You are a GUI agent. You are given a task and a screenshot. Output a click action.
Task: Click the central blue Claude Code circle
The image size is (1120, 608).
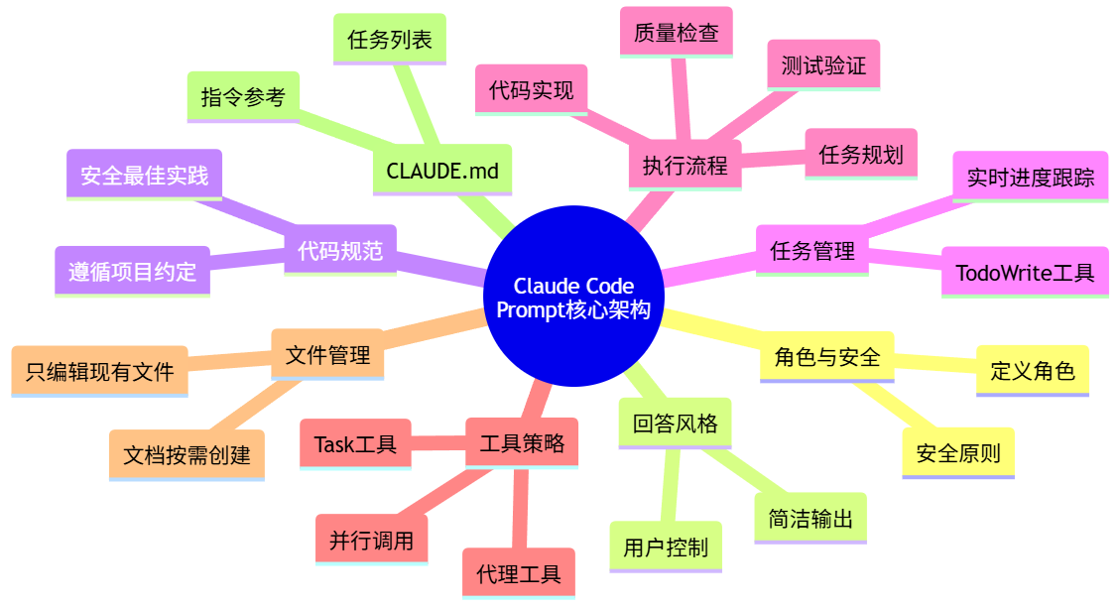[572, 297]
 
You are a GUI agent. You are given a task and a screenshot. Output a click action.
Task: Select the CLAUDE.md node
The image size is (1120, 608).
[442, 170]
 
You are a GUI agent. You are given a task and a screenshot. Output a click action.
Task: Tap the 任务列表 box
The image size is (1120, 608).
[390, 40]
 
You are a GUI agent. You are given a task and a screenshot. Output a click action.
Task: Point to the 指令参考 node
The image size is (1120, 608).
[243, 97]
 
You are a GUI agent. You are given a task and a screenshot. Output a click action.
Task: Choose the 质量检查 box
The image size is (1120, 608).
[676, 33]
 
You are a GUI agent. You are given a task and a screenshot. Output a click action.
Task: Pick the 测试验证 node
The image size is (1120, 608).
[823, 65]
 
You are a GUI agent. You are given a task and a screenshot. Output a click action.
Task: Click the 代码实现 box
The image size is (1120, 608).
[531, 90]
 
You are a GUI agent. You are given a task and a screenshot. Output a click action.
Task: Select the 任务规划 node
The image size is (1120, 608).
[861, 154]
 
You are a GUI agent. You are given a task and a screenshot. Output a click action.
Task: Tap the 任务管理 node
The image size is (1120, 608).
[812, 250]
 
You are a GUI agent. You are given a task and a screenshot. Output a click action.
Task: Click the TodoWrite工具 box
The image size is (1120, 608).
[1025, 272]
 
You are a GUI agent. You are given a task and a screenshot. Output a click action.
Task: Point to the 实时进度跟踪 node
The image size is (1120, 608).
[1031, 177]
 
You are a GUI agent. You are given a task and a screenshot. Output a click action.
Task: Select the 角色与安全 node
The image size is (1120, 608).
[827, 357]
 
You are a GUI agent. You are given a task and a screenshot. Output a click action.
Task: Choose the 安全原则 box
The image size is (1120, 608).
[958, 453]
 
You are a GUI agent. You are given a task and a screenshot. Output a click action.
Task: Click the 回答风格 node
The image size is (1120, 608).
[675, 424]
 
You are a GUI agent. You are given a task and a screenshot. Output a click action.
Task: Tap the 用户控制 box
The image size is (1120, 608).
[666, 547]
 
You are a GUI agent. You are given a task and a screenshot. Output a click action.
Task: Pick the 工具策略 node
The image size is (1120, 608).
[522, 442]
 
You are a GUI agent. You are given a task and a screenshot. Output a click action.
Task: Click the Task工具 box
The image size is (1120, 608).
[355, 443]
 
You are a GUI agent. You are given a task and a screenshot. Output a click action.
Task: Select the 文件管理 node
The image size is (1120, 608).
[327, 354]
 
